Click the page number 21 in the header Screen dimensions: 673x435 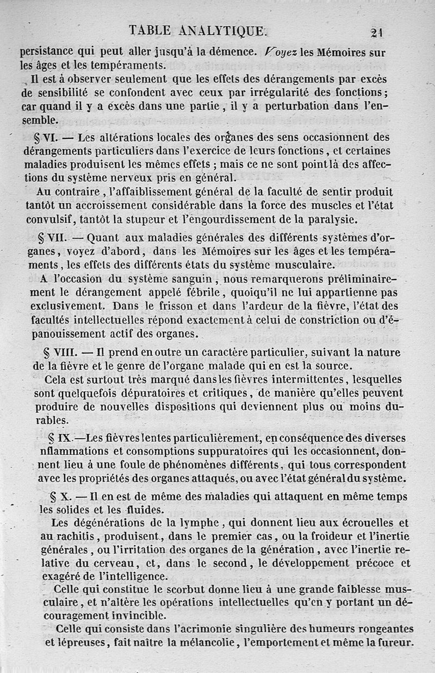377,32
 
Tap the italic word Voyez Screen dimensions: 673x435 279,53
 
